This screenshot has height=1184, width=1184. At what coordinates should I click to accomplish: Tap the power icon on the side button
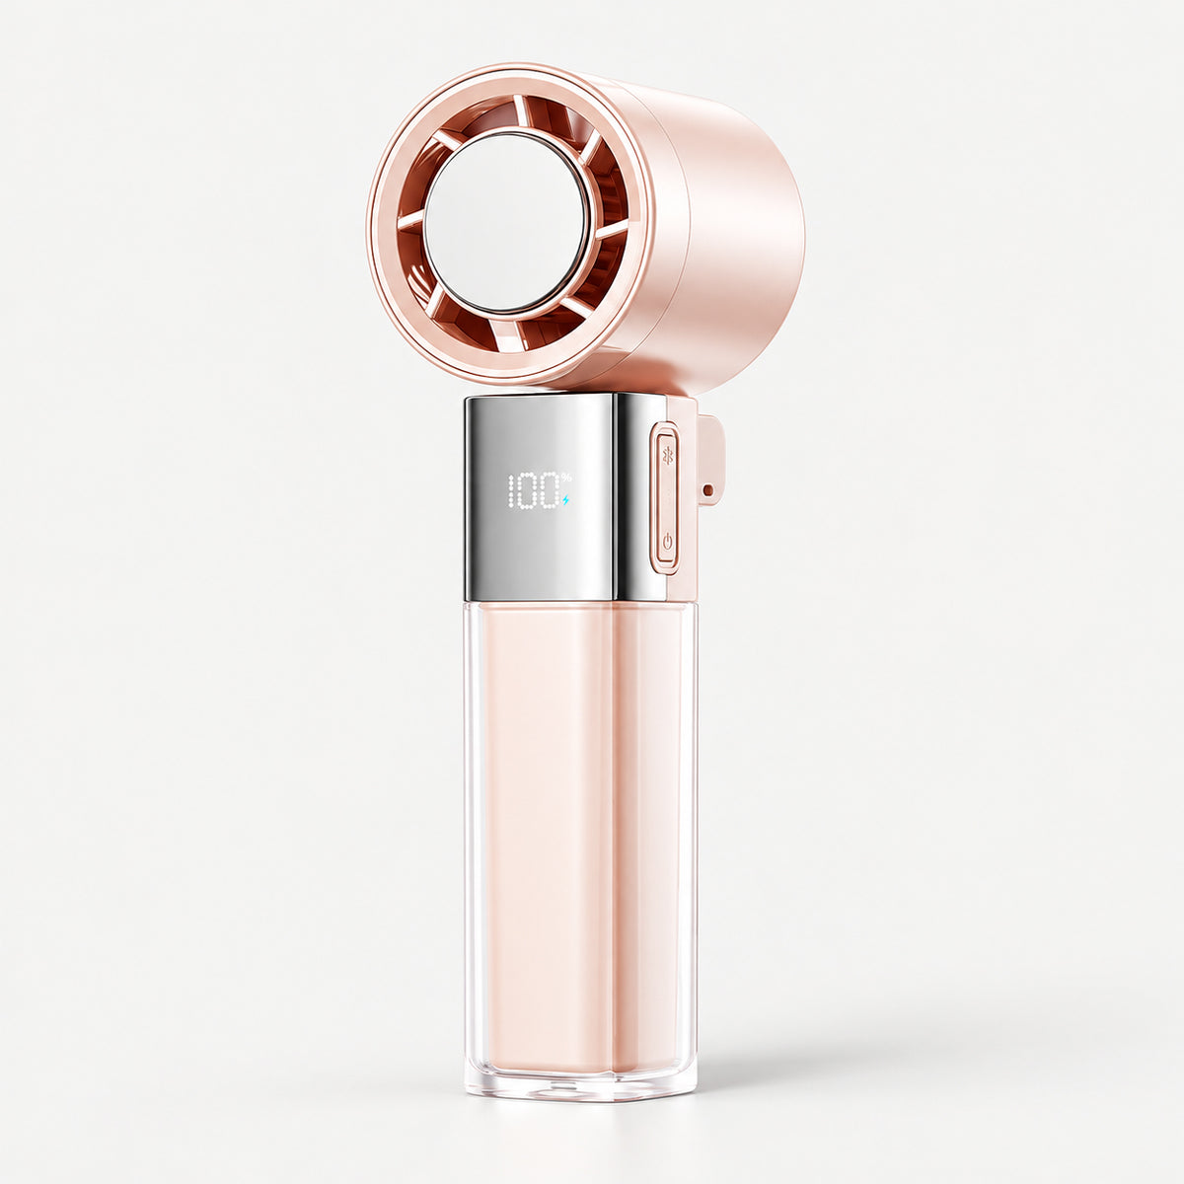(667, 542)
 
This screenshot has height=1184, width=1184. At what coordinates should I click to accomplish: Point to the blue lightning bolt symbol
(565, 501)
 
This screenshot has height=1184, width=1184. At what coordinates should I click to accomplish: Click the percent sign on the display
(566, 477)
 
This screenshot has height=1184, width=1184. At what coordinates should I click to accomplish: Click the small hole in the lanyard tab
(709, 489)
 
